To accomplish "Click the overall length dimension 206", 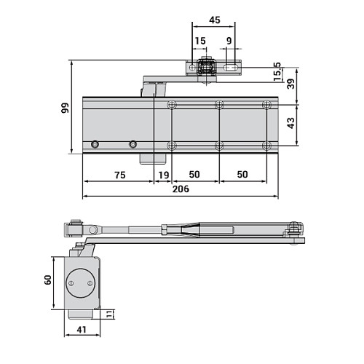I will [x=181, y=189].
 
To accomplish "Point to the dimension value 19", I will [x=163, y=175].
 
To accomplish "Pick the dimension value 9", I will [x=229, y=41].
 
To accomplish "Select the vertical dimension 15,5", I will [x=278, y=71].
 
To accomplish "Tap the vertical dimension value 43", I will [x=291, y=124].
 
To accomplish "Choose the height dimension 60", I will [x=47, y=280].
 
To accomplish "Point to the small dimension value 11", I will [x=108, y=314].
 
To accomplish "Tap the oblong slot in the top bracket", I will [x=232, y=68].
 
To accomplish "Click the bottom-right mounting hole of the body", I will [x=266, y=146].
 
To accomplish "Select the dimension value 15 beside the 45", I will [x=200, y=41].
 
